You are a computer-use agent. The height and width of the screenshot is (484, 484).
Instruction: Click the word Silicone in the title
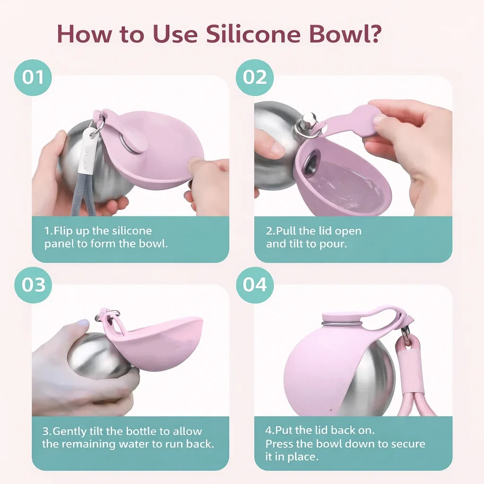click(253, 34)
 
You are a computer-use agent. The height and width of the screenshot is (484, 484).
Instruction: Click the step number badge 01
click(33, 77)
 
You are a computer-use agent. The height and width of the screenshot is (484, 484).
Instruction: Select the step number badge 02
click(255, 77)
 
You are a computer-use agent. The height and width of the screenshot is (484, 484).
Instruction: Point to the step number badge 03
click(34, 285)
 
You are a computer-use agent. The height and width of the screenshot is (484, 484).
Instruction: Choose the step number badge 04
click(255, 285)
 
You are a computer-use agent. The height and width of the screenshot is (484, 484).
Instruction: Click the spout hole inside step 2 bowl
click(310, 163)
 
